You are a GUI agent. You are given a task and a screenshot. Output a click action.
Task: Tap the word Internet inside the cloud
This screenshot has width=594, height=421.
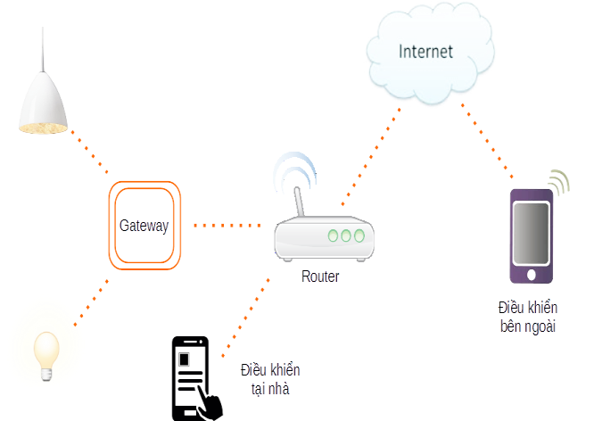coord(425,51)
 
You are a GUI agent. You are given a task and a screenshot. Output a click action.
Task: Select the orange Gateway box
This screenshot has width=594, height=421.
coord(144,225)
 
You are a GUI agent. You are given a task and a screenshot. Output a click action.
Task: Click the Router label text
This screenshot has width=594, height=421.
coord(320,277)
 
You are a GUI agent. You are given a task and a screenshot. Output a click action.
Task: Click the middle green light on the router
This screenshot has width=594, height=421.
coord(345,236)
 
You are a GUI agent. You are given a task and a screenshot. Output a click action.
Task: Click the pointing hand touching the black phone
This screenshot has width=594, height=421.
coord(210,403)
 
